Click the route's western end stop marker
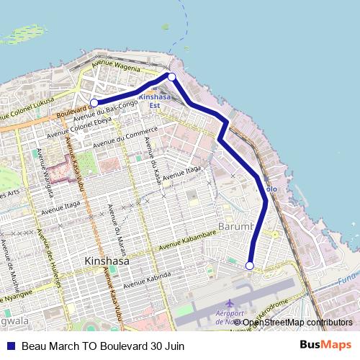94,103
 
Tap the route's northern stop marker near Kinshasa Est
171,76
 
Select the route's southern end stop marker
250,266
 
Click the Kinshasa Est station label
156,100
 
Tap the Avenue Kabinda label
148,279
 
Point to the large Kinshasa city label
106,261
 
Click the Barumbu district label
237,228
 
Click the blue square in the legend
11,346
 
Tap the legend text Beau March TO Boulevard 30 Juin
103,346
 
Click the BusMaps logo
325,346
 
